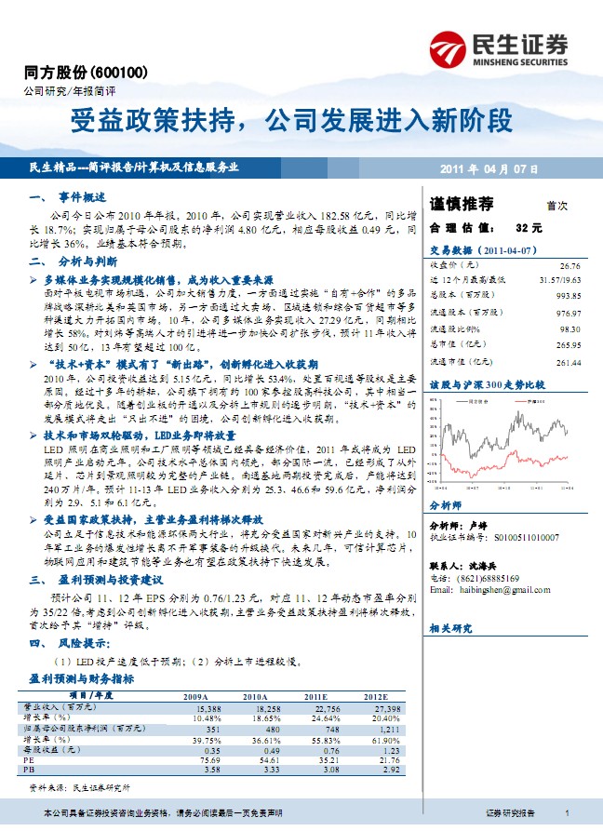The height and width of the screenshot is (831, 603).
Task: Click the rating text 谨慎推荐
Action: tap(462, 204)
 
